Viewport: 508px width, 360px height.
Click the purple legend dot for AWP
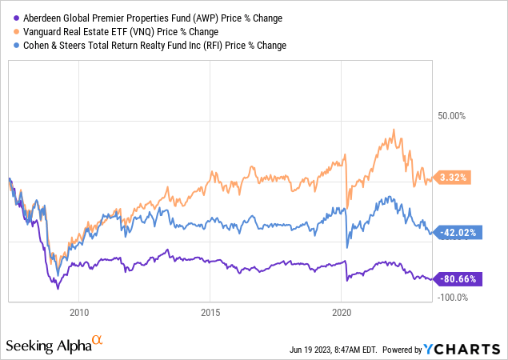click(12, 18)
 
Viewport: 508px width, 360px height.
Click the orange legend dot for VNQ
click(12, 31)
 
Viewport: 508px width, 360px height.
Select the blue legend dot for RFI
click(12, 46)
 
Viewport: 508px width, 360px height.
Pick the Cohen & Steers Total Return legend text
click(152, 46)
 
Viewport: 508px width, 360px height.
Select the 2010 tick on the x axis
click(78, 312)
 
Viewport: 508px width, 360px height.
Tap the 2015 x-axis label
click(210, 312)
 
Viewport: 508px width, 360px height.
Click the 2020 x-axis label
click(342, 312)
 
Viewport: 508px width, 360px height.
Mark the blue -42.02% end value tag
click(455, 232)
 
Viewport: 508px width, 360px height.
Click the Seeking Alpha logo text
click(48, 346)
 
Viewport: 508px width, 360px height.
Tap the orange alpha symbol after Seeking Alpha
click(98, 341)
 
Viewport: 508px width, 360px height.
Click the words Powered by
click(406, 350)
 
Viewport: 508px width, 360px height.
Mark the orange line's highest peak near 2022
click(394, 130)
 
